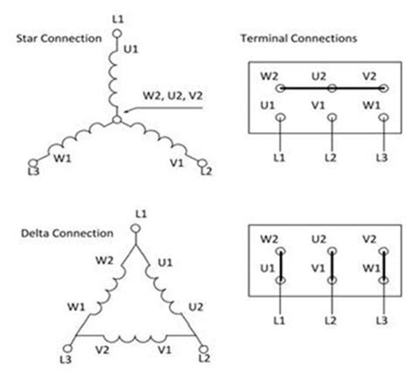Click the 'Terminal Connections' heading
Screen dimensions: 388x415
pyautogui.click(x=298, y=39)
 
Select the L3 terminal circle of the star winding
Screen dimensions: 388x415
pyautogui.click(x=34, y=163)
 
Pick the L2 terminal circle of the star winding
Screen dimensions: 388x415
pyautogui.click(x=204, y=163)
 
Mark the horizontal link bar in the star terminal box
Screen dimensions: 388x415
pyautogui.click(x=332, y=88)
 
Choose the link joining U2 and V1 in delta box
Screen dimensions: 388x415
pyautogui.click(x=332, y=265)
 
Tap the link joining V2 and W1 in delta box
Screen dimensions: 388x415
pyautogui.click(x=383, y=265)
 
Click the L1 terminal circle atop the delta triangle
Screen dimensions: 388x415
pyautogui.click(x=135, y=229)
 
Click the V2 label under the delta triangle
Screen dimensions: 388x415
pyautogui.click(x=102, y=348)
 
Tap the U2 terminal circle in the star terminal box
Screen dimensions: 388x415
pyautogui.click(x=332, y=88)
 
